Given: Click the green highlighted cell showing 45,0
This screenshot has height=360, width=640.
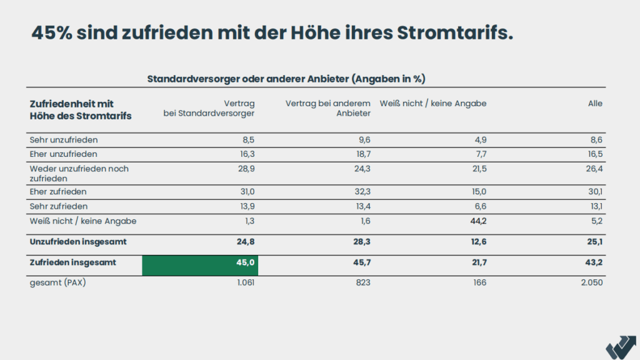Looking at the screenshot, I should click(x=200, y=265).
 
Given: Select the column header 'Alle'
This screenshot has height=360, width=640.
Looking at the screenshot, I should click(x=595, y=103).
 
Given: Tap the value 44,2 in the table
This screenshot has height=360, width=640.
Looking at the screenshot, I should click(x=477, y=221).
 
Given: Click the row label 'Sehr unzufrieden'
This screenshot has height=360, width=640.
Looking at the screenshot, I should click(x=64, y=139).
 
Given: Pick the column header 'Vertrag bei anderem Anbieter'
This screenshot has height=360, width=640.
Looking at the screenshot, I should click(x=328, y=108).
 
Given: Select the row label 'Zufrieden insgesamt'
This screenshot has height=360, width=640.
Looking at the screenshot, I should click(x=72, y=262).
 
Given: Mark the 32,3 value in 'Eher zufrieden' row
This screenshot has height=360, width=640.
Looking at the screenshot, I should click(x=362, y=191).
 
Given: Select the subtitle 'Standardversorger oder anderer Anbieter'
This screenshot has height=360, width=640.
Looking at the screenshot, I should click(x=247, y=79).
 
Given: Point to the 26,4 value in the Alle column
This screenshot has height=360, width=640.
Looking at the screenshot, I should click(x=594, y=169).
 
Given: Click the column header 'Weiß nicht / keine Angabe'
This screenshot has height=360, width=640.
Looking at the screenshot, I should click(x=433, y=103).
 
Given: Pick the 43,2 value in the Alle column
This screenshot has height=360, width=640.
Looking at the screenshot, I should click(x=594, y=262).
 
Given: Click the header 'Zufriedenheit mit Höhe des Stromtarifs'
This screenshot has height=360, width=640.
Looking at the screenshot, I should click(x=81, y=109).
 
